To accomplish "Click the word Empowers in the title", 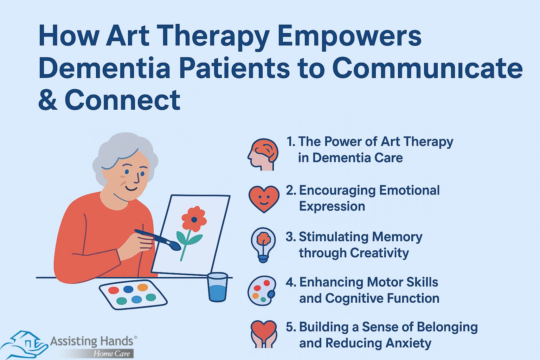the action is pyautogui.click(x=349, y=37).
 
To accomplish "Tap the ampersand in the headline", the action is pyautogui.click(x=48, y=99).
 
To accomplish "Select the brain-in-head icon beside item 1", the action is pyautogui.click(x=263, y=154).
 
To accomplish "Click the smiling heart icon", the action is pyautogui.click(x=264, y=199).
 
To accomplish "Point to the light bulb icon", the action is pyautogui.click(x=263, y=245).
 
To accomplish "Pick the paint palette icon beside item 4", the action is pyautogui.click(x=262, y=291).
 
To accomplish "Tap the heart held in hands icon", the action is pyautogui.click(x=264, y=334).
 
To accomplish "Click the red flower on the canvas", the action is pyautogui.click(x=194, y=219).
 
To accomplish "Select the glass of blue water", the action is pyautogui.click(x=218, y=287).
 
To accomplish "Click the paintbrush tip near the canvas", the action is pyautogui.click(x=176, y=246).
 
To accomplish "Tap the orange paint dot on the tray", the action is pyautogui.click(x=142, y=287).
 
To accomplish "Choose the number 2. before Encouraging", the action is pyautogui.click(x=291, y=190).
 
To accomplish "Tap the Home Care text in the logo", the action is pyautogui.click(x=111, y=353).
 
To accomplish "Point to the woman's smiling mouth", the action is pyautogui.click(x=131, y=188).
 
